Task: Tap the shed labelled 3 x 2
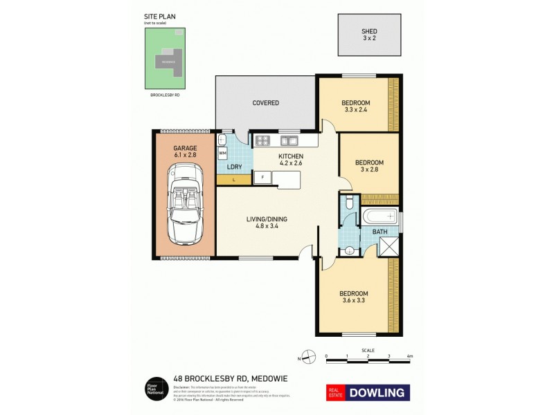tap(369, 35)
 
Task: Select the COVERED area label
tap(265, 103)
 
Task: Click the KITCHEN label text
tap(291, 157)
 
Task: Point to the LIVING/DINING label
tap(267, 220)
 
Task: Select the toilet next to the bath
tap(349, 203)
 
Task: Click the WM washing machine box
tap(223, 153)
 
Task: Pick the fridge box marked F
tap(262, 178)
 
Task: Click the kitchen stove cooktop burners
tap(264, 141)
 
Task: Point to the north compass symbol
tap(310, 357)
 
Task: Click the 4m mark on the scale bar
tap(410, 356)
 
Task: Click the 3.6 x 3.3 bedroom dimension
tap(353, 300)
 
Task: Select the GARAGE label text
tap(185, 148)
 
